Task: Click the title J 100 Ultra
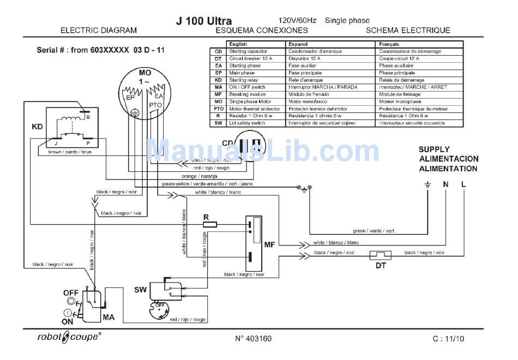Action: pyautogui.click(x=204, y=21)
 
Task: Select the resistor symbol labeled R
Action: pyautogui.click(x=209, y=224)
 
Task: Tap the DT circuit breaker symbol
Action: pyautogui.click(x=381, y=254)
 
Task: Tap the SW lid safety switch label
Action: pyautogui.click(x=141, y=287)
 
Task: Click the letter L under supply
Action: pyautogui.click(x=463, y=184)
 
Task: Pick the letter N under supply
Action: pyautogui.click(x=445, y=184)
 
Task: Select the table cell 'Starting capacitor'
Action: pyautogui.click(x=248, y=51)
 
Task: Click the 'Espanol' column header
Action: pyautogui.click(x=298, y=44)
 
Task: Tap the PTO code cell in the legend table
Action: pyautogui.click(x=218, y=109)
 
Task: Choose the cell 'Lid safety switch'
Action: pyautogui.click(x=247, y=123)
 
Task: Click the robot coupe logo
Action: pyautogui.click(x=69, y=337)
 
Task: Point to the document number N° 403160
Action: pyautogui.click(x=253, y=339)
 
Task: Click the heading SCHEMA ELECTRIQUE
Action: pyautogui.click(x=408, y=31)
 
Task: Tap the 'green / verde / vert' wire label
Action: pyautogui.click(x=374, y=231)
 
